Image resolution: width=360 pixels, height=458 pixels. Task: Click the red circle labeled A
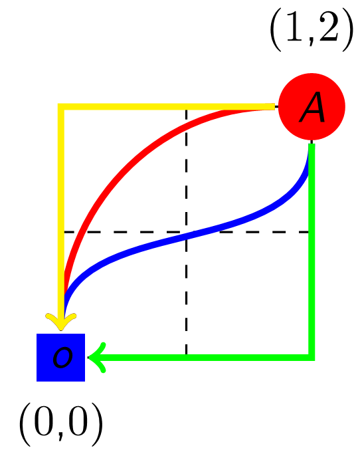click(312, 106)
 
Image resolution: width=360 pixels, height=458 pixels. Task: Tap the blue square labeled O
click(60, 357)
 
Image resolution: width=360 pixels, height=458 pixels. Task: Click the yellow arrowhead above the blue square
click(60, 321)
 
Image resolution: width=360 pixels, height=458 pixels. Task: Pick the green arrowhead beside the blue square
click(97, 357)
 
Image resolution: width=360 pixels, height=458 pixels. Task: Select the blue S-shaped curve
click(186, 235)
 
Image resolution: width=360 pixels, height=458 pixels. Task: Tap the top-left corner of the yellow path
click(60, 106)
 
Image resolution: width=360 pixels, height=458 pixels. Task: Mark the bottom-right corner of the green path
click(312, 357)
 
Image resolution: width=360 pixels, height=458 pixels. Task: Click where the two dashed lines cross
click(186, 232)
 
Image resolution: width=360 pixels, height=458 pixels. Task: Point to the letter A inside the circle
click(312, 107)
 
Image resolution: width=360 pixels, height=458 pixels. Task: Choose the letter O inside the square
click(62, 357)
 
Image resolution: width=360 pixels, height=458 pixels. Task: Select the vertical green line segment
click(312, 252)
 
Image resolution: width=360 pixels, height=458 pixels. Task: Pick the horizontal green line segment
click(201, 357)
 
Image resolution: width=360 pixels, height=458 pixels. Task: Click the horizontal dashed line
click(186, 232)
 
